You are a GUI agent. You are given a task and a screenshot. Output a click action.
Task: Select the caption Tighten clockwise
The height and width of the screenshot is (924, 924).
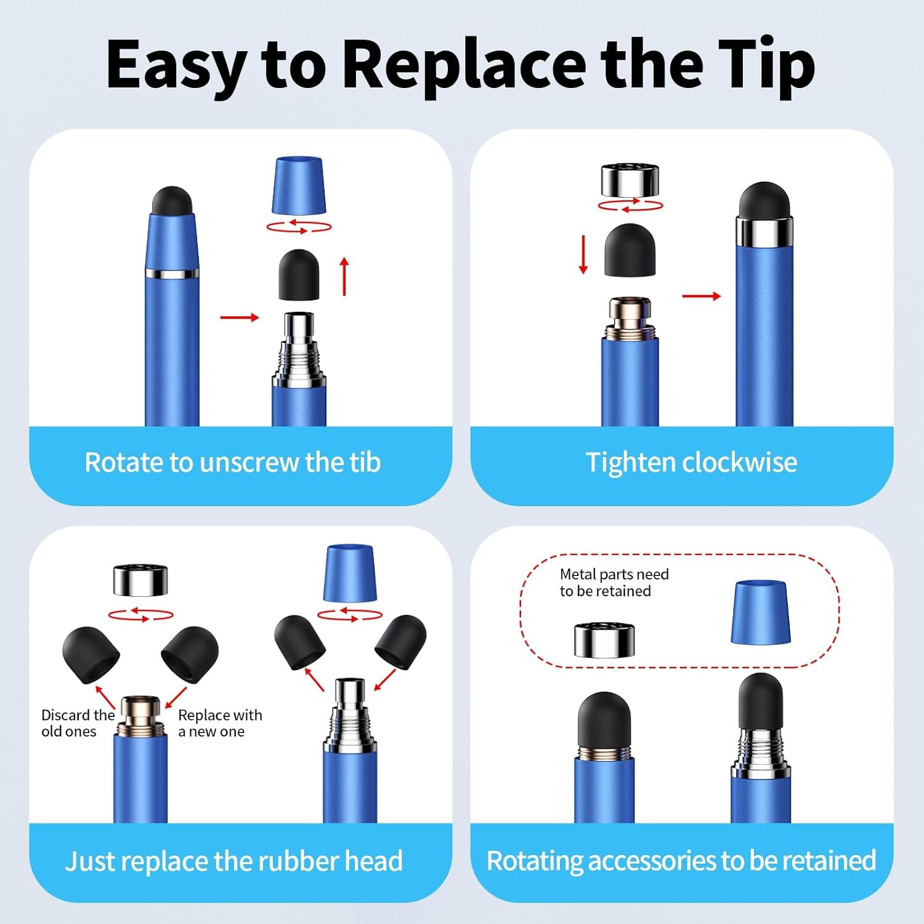click(x=691, y=462)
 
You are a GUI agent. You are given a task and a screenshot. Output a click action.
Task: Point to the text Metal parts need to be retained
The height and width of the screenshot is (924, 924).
click(x=614, y=583)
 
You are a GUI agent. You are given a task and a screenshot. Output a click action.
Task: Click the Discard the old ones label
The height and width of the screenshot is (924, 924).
click(x=77, y=723)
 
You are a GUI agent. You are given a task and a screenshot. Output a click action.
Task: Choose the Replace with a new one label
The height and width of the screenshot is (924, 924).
click(x=220, y=723)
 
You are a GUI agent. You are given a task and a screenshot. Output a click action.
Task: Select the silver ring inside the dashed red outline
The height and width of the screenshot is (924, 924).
click(x=604, y=640)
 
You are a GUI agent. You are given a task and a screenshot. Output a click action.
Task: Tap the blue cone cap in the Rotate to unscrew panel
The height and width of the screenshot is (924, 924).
click(x=299, y=185)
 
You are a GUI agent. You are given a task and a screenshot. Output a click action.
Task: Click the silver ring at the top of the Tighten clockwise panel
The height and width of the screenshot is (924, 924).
click(x=630, y=180)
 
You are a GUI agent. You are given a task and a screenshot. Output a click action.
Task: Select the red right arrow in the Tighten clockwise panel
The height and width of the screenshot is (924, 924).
click(x=701, y=296)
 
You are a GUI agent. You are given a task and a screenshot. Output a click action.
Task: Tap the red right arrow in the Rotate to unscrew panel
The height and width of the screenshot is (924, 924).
click(x=240, y=317)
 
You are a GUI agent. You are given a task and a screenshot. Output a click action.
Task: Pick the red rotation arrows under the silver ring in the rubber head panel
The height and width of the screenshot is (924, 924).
click(x=141, y=614)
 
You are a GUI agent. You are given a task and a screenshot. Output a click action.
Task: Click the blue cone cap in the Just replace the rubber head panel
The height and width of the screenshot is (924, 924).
click(x=350, y=573)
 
